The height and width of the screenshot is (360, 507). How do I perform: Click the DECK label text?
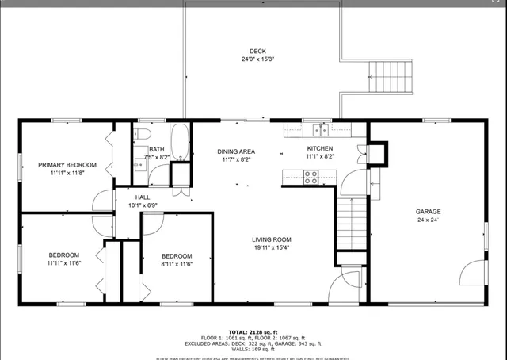tap(253, 51)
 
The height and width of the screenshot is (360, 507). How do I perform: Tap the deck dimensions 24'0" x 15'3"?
tap(253, 59)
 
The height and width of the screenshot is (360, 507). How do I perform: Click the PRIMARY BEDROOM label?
tap(67, 165)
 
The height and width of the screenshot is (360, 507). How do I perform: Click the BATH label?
tap(156, 149)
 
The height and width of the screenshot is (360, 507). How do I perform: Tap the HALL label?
tap(143, 197)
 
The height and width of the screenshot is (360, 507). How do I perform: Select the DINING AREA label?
tap(235, 151)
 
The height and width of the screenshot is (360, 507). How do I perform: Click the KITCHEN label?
tap(320, 148)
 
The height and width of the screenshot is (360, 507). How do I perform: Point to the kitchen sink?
tap(320, 128)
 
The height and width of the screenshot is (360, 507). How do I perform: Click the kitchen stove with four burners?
tap(311, 178)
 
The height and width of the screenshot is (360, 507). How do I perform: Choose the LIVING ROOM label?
tap(272, 239)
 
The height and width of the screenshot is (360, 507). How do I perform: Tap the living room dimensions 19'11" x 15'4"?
tap(272, 248)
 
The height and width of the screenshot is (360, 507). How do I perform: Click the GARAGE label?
tap(429, 211)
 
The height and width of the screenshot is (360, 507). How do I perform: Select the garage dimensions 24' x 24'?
tap(429, 220)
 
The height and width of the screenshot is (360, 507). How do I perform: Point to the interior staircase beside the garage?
tap(353, 222)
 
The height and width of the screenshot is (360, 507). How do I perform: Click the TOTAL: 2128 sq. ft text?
tap(253, 331)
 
